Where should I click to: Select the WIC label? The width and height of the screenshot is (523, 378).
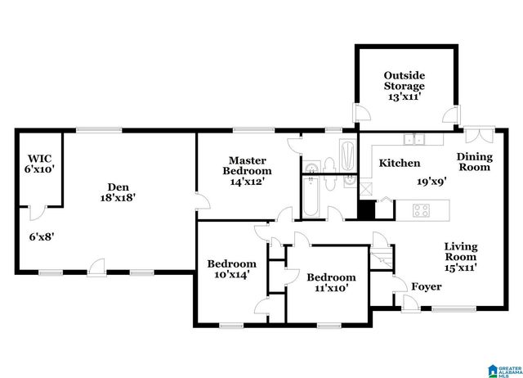pos(39,158)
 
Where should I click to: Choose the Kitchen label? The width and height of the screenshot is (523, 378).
pos(400,164)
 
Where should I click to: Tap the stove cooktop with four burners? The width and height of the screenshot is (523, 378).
pos(422,210)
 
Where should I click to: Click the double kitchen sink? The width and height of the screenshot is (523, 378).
pos(418,138)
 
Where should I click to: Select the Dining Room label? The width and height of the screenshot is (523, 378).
pos(473,162)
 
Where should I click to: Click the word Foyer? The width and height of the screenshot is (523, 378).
pos(427,286)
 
